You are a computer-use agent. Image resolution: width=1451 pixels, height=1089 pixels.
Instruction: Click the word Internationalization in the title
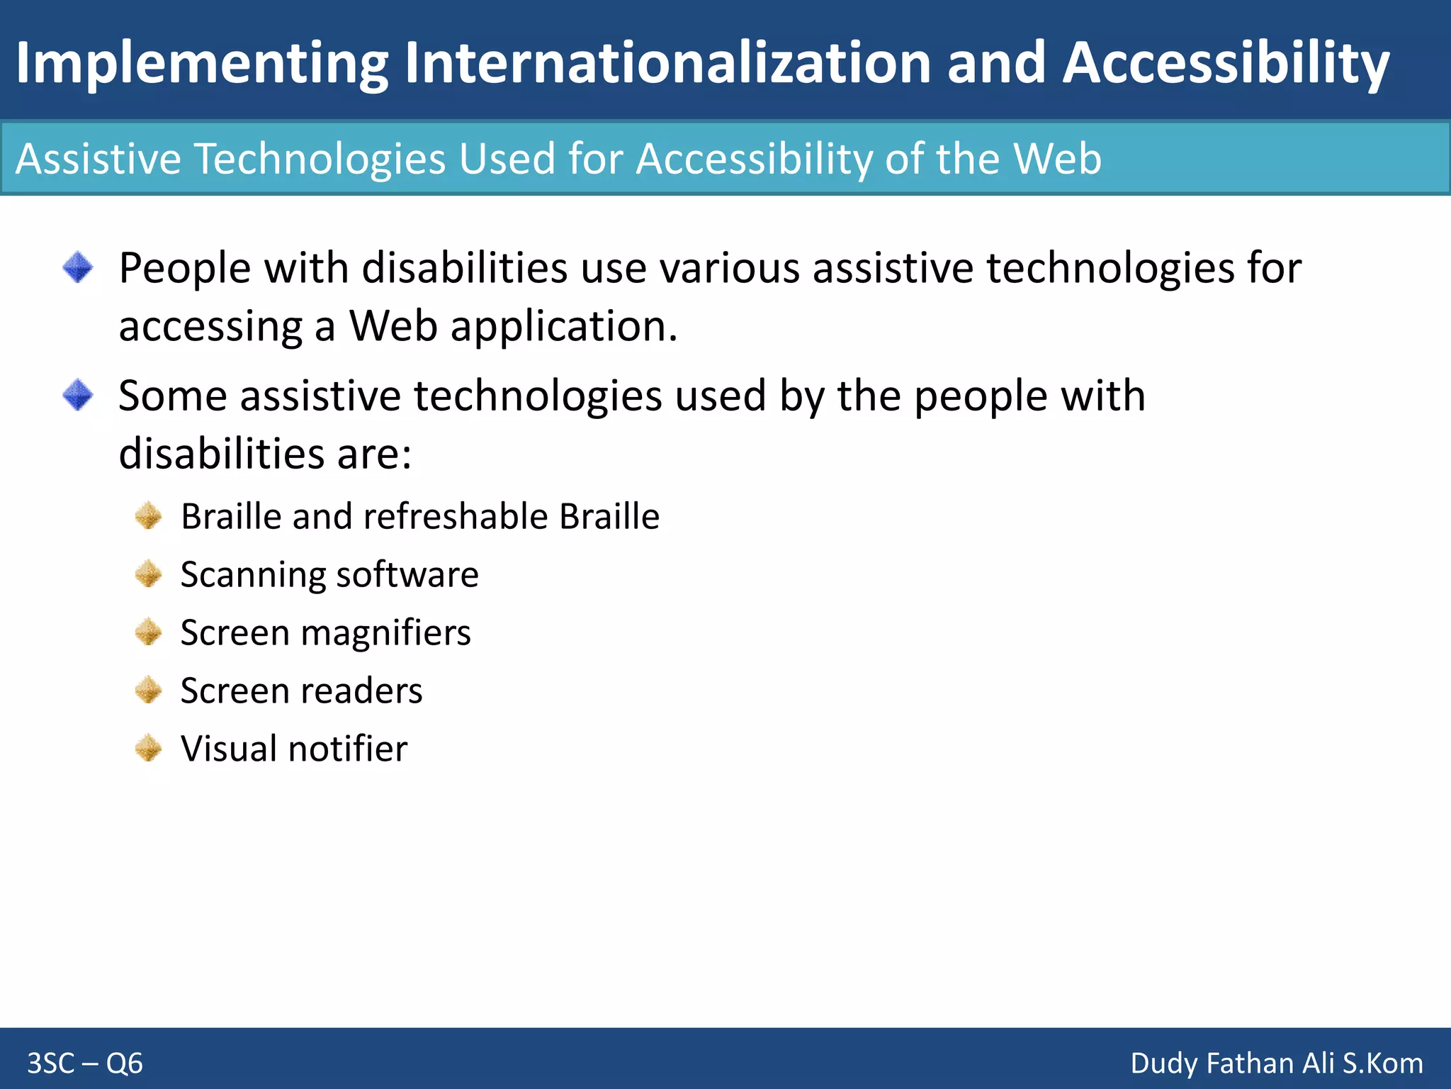(x=667, y=63)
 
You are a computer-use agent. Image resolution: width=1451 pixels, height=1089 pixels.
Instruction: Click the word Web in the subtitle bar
(x=1057, y=158)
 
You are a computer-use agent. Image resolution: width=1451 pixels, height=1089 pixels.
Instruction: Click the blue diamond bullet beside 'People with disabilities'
(x=78, y=268)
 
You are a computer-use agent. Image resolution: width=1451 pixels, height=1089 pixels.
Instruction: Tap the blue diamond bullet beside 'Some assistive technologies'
(x=78, y=395)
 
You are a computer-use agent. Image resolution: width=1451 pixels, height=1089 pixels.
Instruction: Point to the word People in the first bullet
(x=184, y=269)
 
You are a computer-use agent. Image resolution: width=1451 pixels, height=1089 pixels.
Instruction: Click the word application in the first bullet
(x=563, y=328)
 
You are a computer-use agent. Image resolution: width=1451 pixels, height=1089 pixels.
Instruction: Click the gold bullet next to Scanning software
(x=149, y=574)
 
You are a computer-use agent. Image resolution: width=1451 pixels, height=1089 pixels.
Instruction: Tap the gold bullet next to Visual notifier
(x=149, y=749)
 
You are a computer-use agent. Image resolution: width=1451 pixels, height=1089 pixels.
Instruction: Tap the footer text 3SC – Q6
(x=85, y=1063)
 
